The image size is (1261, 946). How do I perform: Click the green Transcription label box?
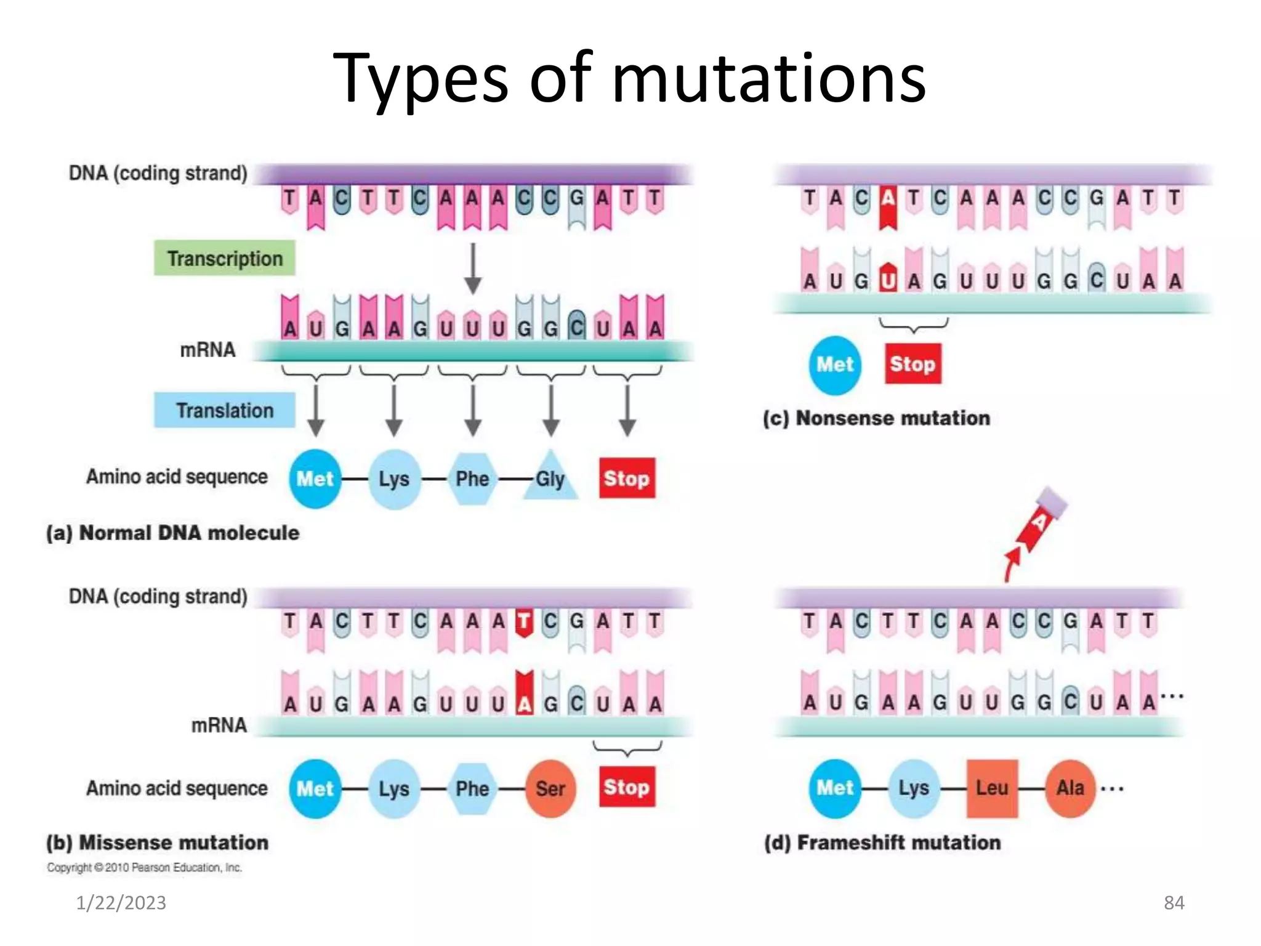point(224,258)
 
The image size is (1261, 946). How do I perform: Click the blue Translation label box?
point(224,410)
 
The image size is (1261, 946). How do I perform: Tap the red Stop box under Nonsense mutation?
point(913,364)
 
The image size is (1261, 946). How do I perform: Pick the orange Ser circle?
point(550,788)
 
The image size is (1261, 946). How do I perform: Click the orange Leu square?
point(992,788)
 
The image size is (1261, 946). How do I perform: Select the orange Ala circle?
point(1070,788)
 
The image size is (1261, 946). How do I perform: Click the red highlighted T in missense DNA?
point(524,622)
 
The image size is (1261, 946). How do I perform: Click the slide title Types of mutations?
point(629,79)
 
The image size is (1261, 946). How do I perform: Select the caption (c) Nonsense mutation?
point(876,418)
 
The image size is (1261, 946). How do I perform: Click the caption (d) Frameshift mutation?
point(882,843)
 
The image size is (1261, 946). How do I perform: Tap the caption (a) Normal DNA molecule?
point(173,533)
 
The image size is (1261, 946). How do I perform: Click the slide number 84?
point(1174,903)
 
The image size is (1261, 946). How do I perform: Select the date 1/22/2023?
point(121,903)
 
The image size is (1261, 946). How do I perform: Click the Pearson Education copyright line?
point(145,868)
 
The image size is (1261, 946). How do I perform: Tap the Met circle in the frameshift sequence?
point(834,788)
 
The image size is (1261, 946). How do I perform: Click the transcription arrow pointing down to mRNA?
point(472,269)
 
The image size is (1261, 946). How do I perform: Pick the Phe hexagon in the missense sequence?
point(472,788)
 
